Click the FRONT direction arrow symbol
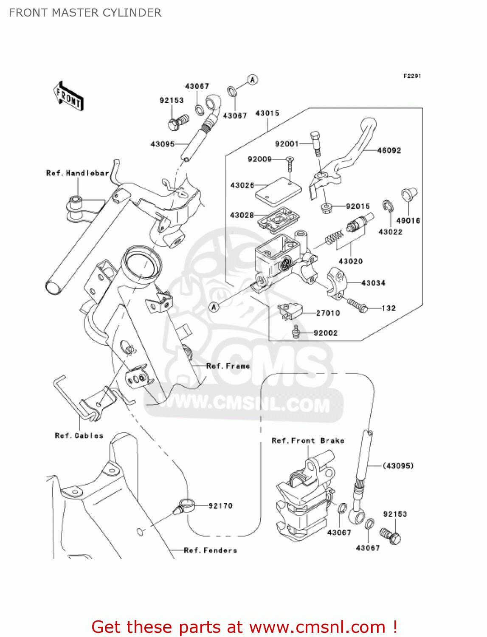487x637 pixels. coord(68,96)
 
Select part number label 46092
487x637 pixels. coord(389,150)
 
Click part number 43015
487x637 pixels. coord(267,113)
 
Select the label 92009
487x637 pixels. coord(259,159)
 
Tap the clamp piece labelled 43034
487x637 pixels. coord(337,282)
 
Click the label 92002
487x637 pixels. coord(326,333)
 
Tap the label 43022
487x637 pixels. coord(390,232)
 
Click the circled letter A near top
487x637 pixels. coord(253,79)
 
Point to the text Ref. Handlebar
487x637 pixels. coord(77,173)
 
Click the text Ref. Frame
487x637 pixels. coord(228,366)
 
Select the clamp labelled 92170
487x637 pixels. coord(186,506)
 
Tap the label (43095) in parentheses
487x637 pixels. coord(398,466)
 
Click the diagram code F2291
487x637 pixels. coord(412,76)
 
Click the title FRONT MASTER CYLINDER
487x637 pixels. coord(85,13)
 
